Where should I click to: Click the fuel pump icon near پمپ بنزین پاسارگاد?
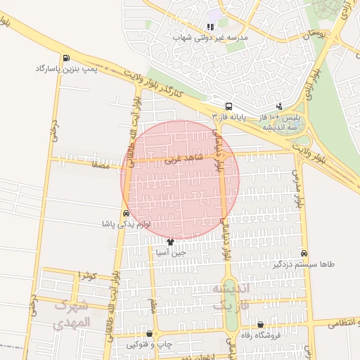coord(65,58)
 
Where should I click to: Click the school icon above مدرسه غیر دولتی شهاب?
coord(210,27)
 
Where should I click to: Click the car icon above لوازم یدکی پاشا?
coord(125,214)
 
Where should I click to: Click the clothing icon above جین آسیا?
coord(170,241)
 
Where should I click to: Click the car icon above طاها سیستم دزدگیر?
coord(304,253)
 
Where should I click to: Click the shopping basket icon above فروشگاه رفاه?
coord(261,325)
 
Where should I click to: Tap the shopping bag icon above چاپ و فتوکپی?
coord(149,334)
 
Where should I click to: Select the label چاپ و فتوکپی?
coord(148,345)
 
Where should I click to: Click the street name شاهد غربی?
coord(184,160)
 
